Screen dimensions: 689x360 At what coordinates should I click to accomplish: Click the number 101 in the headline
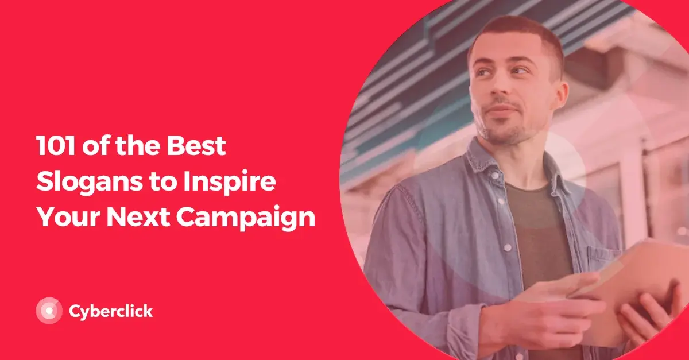tap(56, 145)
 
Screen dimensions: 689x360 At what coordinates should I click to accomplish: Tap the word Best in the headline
tap(196, 145)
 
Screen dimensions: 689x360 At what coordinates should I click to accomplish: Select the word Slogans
tap(90, 182)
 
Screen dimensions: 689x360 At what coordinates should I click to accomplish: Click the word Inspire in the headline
tap(230, 182)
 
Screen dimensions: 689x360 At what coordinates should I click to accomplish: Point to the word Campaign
tap(246, 218)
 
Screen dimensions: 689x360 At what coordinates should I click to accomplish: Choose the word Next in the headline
tap(138, 216)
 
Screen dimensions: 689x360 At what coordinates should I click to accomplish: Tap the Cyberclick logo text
tap(111, 311)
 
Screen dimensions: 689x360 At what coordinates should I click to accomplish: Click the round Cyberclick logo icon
tap(49, 311)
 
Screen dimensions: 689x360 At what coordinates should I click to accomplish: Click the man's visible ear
tap(560, 94)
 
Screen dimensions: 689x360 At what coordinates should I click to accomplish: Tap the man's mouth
tap(501, 109)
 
